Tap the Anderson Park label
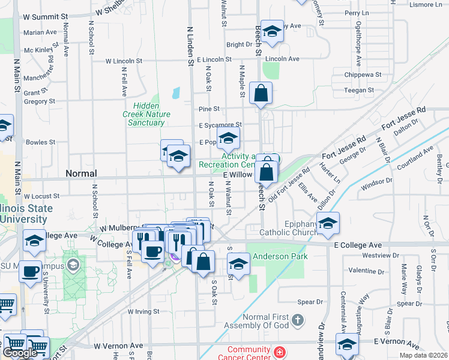point(280,256)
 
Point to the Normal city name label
point(81,173)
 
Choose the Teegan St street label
point(360,90)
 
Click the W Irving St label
point(143,311)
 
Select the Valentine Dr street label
point(370,271)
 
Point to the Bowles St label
point(41,142)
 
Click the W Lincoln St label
point(124,61)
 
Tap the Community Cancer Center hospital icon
point(279,352)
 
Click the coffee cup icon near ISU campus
point(29,271)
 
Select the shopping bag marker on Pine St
point(261,94)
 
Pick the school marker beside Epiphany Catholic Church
point(328,224)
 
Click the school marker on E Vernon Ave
point(347,345)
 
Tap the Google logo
point(20,353)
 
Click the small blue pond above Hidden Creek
point(175,93)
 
